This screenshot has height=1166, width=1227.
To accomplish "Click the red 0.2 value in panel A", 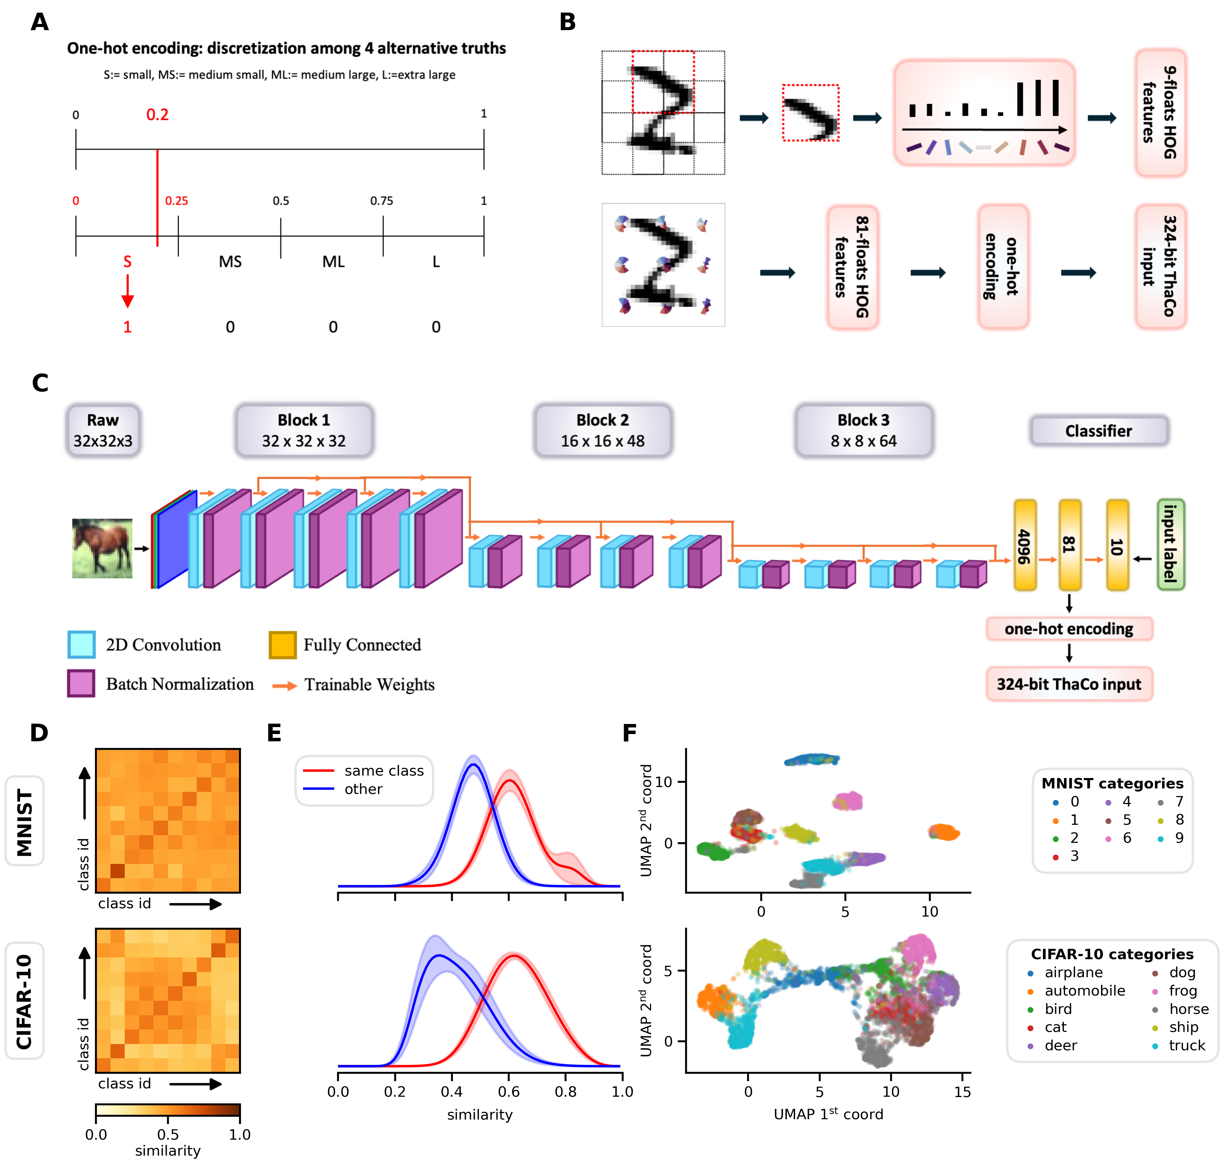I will (157, 115).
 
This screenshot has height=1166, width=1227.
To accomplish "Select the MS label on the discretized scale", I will (230, 262).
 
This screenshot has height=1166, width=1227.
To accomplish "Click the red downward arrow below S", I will (127, 291).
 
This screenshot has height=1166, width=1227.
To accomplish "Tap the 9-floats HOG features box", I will (1160, 113).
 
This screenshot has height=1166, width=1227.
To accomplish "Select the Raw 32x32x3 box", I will (103, 430).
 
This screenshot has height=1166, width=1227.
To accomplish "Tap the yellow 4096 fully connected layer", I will (1024, 545).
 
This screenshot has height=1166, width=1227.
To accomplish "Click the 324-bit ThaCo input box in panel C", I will (1069, 684).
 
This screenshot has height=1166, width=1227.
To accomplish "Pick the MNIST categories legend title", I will (1112, 783).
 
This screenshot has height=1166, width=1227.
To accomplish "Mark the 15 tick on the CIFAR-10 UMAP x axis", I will (962, 1092).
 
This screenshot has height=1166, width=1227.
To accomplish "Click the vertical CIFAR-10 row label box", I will (24, 1001).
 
